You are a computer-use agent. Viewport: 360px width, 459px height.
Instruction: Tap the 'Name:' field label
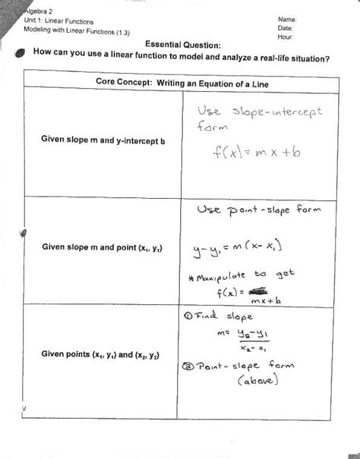pyautogui.click(x=287, y=18)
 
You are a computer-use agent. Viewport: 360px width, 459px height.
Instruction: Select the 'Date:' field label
pyautogui.click(x=286, y=27)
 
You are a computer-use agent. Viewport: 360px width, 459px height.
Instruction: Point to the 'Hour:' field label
pyautogui.click(x=286, y=36)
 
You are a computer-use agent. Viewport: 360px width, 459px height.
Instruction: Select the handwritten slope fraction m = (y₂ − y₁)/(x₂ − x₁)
pyautogui.click(x=248, y=341)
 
